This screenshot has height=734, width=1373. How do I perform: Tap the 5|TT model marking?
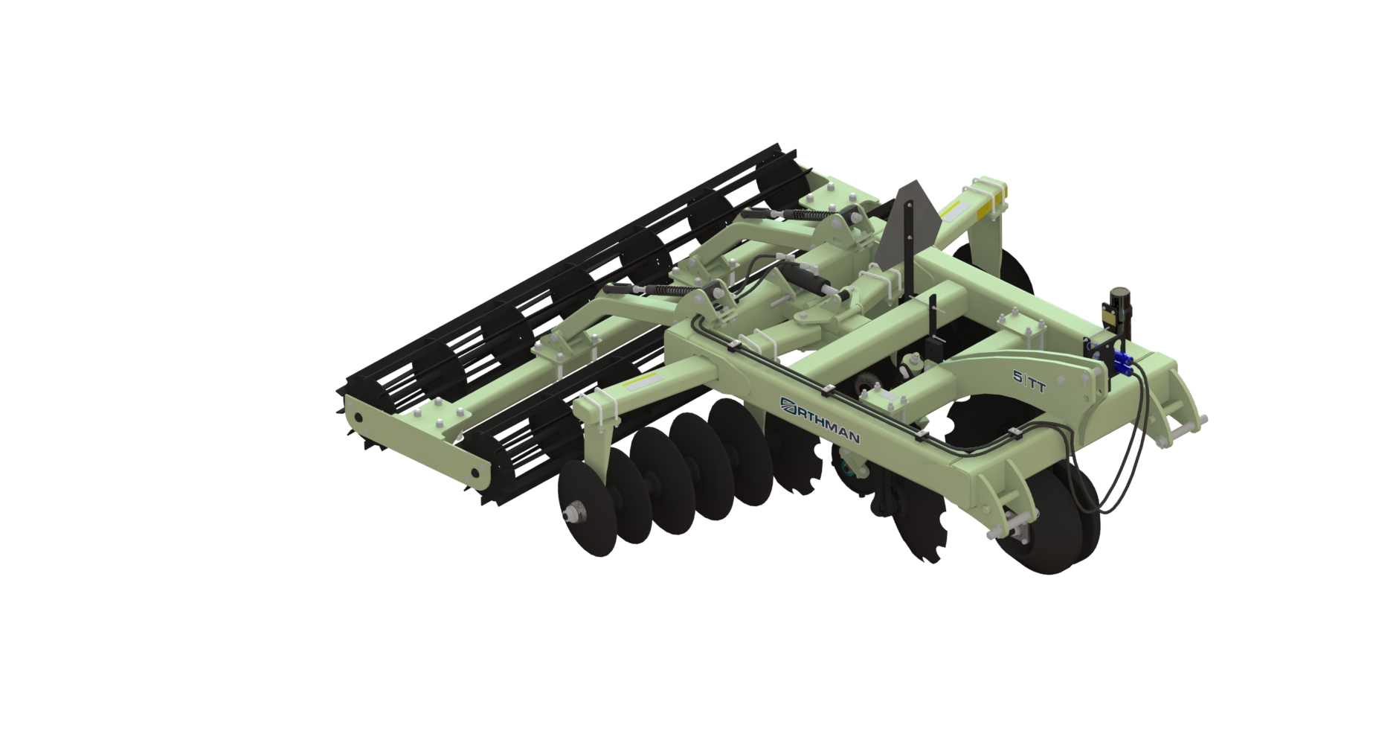pos(1029,381)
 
